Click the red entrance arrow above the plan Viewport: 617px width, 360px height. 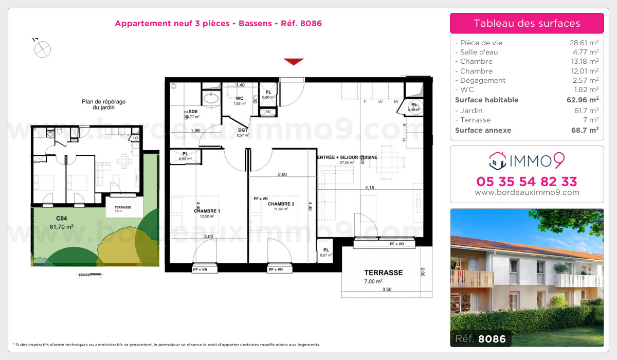coord(294,62)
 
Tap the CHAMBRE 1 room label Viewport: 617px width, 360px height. coord(207,211)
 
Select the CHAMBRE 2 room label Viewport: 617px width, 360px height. coord(281,204)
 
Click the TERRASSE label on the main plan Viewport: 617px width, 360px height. coord(383,273)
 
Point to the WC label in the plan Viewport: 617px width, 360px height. coord(239,98)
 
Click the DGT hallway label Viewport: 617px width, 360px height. coord(243,130)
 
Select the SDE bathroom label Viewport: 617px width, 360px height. coord(193,112)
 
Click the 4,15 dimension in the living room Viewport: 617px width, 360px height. coord(369,188)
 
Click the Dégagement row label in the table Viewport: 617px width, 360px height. coord(483,80)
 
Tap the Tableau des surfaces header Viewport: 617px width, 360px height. coord(527,23)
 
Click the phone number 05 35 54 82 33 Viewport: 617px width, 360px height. coord(527,182)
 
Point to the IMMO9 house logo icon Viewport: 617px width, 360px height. coord(496,160)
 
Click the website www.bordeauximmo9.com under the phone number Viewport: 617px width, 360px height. coord(527,193)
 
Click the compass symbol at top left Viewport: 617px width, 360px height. coord(43,49)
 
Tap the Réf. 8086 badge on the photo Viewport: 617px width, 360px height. coord(480,339)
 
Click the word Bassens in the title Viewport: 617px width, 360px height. coord(252,23)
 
